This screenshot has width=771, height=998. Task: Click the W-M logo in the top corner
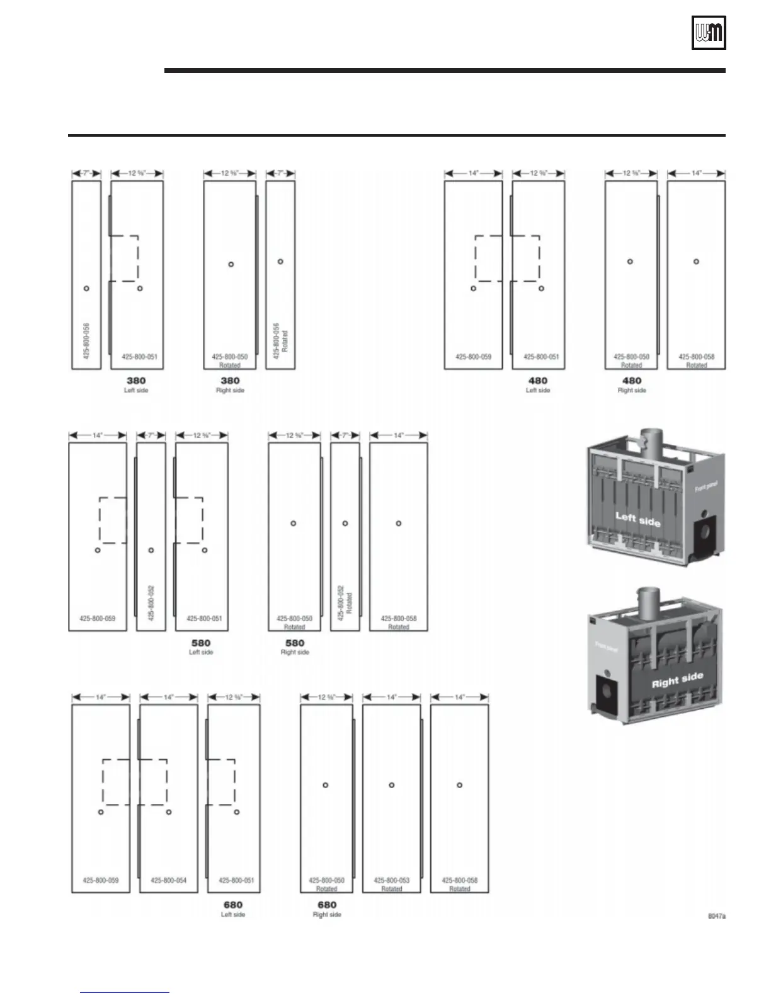point(709,32)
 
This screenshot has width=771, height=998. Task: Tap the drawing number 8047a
point(716,916)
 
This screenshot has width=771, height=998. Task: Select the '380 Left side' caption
point(136,384)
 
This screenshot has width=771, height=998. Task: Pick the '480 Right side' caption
point(631,384)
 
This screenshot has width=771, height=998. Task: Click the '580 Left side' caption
point(201,646)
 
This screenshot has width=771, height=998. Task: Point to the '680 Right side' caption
point(327,909)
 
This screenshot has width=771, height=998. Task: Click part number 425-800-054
point(168,880)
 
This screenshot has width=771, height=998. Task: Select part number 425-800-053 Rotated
point(391,884)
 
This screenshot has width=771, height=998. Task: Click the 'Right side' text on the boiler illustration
point(677,680)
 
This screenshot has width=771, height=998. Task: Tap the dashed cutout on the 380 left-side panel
point(125,258)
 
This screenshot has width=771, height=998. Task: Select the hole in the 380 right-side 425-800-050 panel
point(231,264)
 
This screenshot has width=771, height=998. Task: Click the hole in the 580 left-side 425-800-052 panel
point(151,550)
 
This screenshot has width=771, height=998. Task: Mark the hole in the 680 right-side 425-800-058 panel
point(459,785)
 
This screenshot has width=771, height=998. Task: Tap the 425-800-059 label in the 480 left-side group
point(473,357)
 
